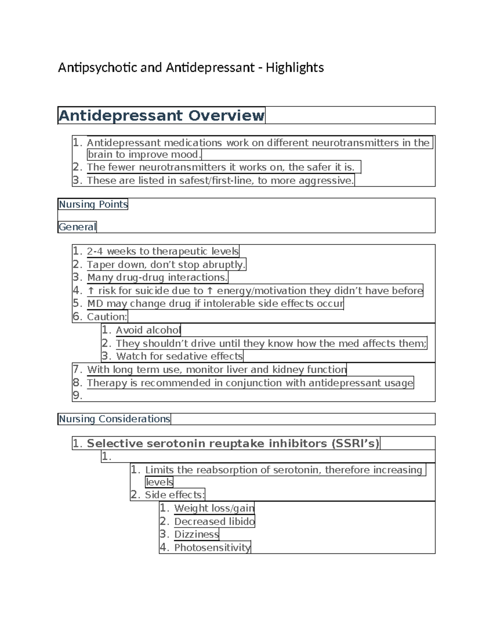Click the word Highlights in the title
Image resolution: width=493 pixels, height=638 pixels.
pos(295,68)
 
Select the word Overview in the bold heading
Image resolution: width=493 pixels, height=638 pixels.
pos(226,115)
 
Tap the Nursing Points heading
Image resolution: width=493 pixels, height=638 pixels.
pos(93,204)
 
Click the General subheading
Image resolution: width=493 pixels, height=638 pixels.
pos(77,227)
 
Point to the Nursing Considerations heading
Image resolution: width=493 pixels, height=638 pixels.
pos(114,419)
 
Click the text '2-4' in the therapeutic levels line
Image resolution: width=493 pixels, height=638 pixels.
pos(95,251)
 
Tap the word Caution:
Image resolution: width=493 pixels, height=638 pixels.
pos(107,317)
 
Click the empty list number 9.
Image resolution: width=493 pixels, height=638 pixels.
pos(77,396)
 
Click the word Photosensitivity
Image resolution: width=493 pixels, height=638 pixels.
pos(212,548)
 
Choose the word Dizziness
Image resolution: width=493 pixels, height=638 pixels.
pos(196,534)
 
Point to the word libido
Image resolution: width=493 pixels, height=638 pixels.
pos(242,522)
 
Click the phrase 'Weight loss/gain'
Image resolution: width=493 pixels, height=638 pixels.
pos(214,509)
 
